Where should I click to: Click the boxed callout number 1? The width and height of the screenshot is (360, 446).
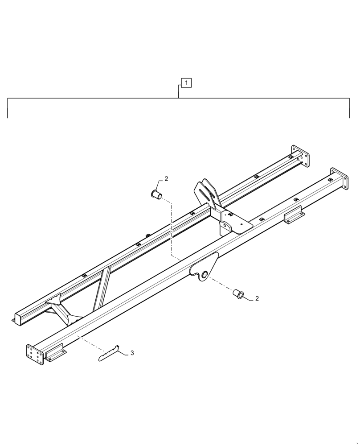coord(186,83)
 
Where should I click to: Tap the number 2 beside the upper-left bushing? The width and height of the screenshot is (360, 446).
coord(166,179)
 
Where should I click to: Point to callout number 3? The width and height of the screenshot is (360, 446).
coord(132,353)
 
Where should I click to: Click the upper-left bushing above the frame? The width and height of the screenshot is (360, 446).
coord(156,194)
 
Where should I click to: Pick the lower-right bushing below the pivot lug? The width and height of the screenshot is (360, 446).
coord(238,294)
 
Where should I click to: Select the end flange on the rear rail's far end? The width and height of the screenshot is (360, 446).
coord(300,156)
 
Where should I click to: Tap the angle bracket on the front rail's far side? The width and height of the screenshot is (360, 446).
coord(295,216)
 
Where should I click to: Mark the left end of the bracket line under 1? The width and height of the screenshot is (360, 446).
coord(8,117)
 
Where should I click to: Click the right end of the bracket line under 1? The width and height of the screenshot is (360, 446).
coord(349,117)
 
